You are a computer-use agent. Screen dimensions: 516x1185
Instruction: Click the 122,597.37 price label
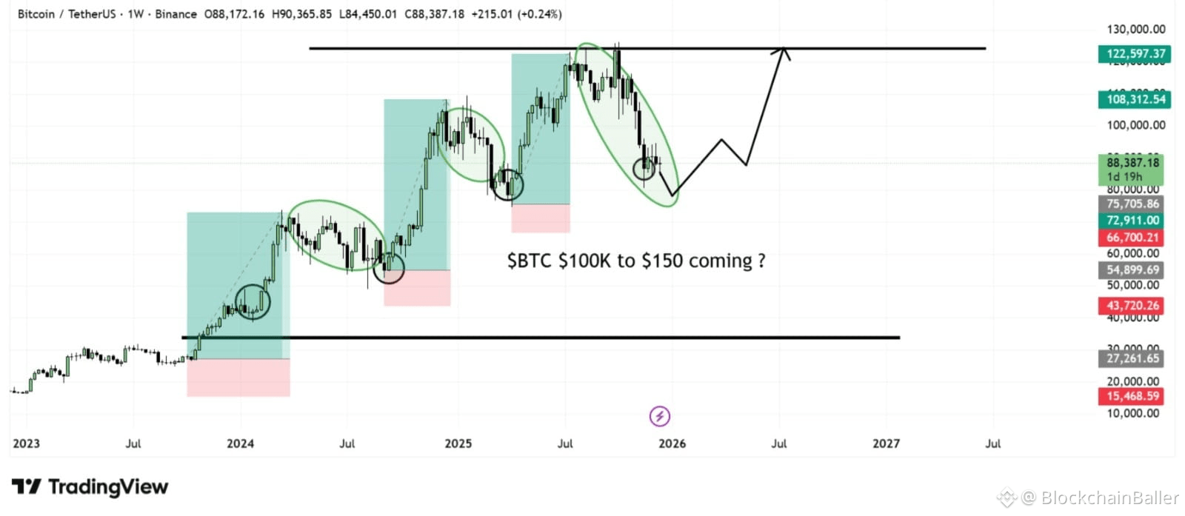(x=1130, y=54)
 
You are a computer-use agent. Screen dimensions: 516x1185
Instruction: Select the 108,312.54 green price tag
(x=1130, y=99)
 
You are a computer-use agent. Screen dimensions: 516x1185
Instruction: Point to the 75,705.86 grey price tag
(x=1130, y=204)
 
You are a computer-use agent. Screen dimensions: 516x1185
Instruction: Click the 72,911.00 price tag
(x=1130, y=221)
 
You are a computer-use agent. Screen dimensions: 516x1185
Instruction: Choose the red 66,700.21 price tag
(x=1130, y=238)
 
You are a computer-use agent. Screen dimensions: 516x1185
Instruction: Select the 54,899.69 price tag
(x=1130, y=270)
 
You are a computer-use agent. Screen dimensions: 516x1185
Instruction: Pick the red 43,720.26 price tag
(x=1130, y=306)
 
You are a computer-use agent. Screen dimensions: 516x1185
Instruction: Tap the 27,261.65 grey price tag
(x=1130, y=359)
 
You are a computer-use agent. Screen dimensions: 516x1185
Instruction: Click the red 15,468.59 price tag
(x=1130, y=397)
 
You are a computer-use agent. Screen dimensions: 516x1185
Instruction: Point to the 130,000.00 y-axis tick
(x=1135, y=30)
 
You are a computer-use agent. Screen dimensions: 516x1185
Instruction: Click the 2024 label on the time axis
(x=240, y=443)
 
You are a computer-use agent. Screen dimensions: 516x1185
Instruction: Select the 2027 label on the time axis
(x=886, y=443)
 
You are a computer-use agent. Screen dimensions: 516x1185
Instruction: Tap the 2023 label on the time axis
(x=27, y=443)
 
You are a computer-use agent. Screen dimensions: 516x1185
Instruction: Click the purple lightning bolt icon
(x=659, y=416)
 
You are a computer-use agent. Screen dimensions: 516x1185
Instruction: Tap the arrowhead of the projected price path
(x=783, y=50)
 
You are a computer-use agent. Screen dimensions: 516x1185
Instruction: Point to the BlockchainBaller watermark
(x=1099, y=497)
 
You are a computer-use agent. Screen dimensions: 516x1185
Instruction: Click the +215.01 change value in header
(x=492, y=14)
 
